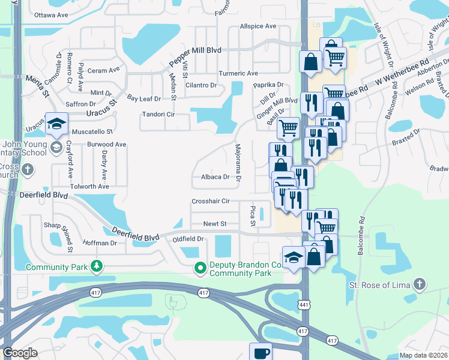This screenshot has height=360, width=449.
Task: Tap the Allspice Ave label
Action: point(258,26)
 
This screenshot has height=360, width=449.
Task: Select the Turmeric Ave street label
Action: point(238,73)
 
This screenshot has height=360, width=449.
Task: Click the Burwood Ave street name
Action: point(106,145)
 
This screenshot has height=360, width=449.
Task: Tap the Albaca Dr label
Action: point(215,177)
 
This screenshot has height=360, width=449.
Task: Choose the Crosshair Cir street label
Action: point(211,202)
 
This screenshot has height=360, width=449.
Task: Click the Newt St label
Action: point(214,224)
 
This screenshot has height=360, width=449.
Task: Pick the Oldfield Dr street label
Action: point(188,239)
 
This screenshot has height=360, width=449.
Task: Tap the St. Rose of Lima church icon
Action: point(420,284)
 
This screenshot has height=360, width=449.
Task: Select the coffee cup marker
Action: point(261,353)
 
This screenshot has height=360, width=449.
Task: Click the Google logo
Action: point(20,353)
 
